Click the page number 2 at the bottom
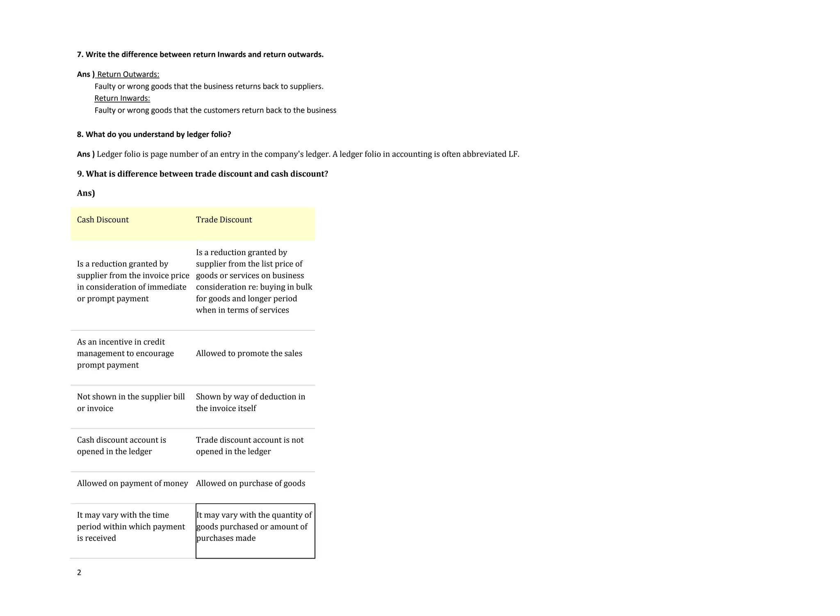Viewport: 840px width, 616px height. pos(79,573)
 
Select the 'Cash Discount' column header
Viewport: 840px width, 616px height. pos(103,220)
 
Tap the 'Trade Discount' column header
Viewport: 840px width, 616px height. pos(224,220)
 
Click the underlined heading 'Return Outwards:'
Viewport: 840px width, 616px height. pos(128,74)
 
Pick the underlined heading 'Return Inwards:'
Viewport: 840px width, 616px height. pos(122,98)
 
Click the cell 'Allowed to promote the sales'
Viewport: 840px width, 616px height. pos(249,354)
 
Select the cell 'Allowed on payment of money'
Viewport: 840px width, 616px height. pos(132,484)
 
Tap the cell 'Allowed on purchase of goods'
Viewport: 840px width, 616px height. pos(251,484)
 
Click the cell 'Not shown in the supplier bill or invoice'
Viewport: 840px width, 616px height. pos(131,402)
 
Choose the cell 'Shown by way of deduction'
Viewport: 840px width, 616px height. pos(251,402)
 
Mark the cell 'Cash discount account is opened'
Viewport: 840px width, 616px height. pos(121,446)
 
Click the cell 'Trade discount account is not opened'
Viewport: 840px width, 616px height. pos(250,446)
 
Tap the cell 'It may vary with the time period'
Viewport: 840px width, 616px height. pos(131,527)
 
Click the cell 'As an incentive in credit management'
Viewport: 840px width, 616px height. pos(125,354)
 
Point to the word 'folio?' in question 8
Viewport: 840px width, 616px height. pos(221,135)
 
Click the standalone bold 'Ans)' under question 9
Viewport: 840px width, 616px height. pos(86,193)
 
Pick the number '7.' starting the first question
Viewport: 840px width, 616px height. pos(80,55)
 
